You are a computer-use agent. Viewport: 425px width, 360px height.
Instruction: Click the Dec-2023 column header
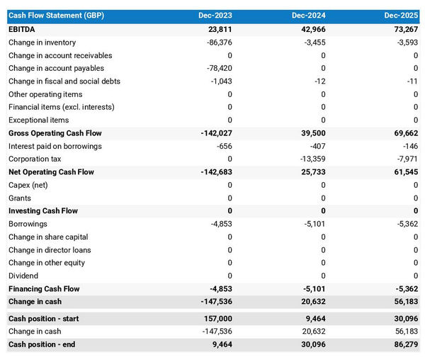pos(215,16)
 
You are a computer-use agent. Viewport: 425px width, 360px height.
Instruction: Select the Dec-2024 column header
pos(309,16)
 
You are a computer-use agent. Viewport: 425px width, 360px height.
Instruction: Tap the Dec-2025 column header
pos(402,16)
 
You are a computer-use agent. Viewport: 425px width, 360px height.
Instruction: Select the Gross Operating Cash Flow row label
pos(55,133)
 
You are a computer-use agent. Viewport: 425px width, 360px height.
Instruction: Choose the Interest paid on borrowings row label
pos(55,146)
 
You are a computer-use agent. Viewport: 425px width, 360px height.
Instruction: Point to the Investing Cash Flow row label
pos(43,211)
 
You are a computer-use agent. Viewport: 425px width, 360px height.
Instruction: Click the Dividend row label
pos(23,276)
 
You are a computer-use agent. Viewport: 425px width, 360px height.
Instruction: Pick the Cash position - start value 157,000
pos(215,319)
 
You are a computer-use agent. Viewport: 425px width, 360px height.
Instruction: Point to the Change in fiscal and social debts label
pos(64,81)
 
